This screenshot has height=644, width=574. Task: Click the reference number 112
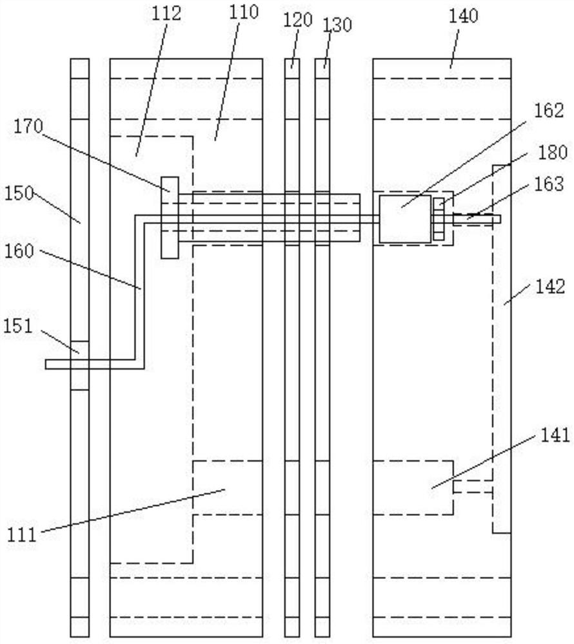(x=166, y=14)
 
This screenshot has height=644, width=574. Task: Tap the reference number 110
(x=243, y=12)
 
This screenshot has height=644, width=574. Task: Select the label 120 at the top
(x=298, y=20)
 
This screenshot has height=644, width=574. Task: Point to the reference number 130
(x=337, y=25)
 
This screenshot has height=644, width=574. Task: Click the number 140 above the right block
(x=464, y=16)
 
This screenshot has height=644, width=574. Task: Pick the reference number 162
(x=549, y=111)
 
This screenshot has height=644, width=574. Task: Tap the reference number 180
(x=553, y=153)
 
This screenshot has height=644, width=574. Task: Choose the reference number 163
(x=549, y=184)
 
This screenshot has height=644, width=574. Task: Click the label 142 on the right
(x=550, y=287)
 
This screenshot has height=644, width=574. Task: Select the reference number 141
(x=555, y=435)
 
